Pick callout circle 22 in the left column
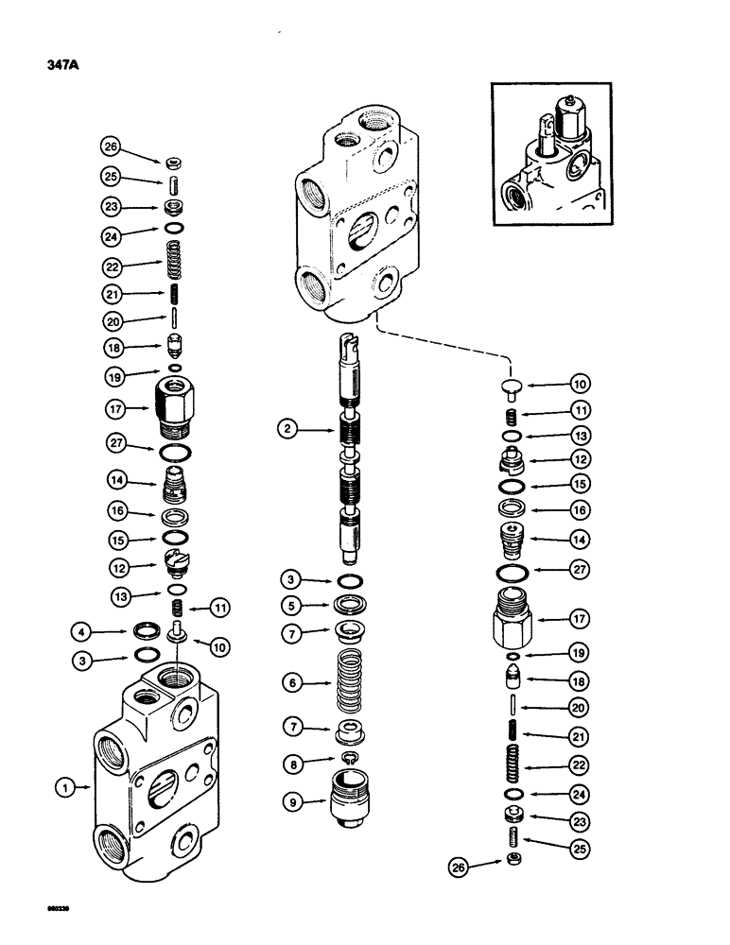tap(113, 267)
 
